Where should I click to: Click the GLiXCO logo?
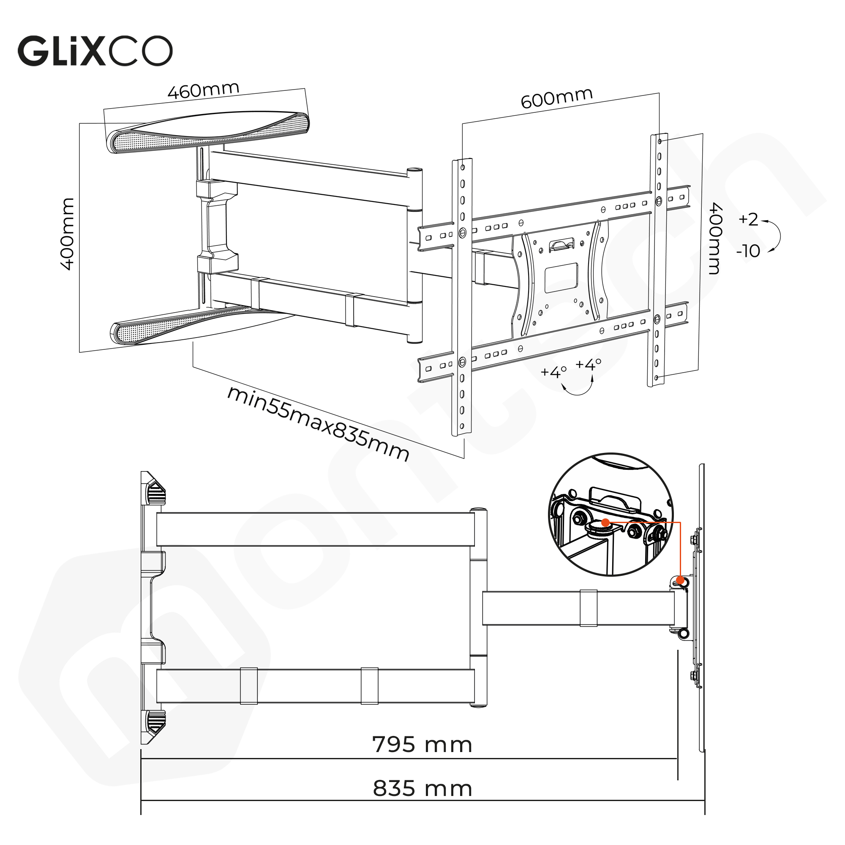click(95, 51)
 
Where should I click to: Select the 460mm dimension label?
click(203, 90)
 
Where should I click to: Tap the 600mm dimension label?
click(556, 98)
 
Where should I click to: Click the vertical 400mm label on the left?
click(68, 234)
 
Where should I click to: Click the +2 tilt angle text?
click(748, 219)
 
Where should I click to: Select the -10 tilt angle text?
click(748, 251)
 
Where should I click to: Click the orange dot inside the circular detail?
click(605, 522)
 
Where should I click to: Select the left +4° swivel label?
click(553, 372)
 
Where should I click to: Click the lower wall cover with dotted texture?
click(184, 325)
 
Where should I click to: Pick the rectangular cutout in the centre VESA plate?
click(561, 278)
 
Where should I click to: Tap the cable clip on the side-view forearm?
click(588, 608)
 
